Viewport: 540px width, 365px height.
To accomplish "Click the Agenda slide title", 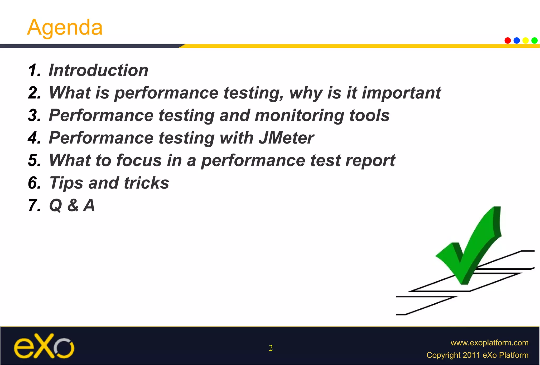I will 65,28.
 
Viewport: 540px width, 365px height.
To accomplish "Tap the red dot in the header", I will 508,40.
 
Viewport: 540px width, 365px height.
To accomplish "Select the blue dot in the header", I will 517,40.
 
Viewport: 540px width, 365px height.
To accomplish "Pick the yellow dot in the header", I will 525,40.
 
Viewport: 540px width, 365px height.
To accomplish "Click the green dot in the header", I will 534,40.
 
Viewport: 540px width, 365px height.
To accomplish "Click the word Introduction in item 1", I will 98,70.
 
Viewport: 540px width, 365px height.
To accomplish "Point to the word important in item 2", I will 401,93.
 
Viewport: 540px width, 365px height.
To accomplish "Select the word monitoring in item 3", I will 299,116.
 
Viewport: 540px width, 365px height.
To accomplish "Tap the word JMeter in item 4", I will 286,138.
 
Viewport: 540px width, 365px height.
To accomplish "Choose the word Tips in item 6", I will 66,183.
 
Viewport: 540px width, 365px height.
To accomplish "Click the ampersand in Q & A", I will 73,205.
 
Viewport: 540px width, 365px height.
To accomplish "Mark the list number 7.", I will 34,205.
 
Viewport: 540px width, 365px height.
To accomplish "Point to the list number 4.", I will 34,138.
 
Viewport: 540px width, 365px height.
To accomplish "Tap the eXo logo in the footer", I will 44,346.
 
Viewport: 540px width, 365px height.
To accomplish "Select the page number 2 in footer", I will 271,348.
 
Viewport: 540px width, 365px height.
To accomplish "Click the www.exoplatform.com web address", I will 489,343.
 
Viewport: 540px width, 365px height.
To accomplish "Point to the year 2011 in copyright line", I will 471,355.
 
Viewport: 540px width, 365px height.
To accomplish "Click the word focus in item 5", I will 139,160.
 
